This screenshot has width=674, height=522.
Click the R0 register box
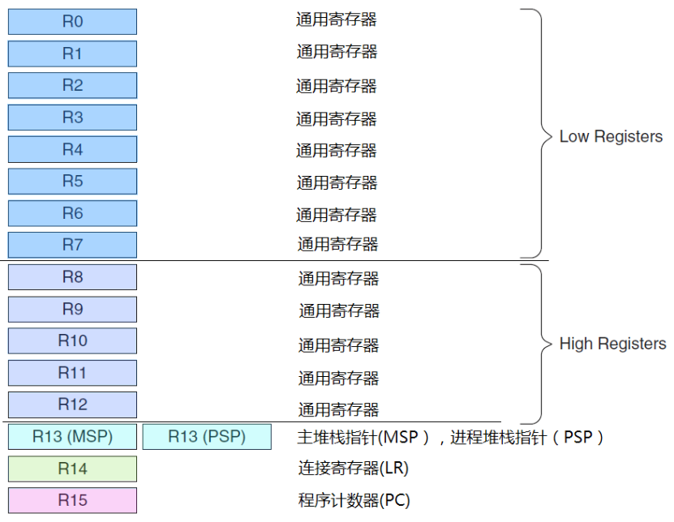click(72, 22)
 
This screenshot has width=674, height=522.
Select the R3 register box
click(72, 118)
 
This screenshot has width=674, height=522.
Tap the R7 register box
click(72, 245)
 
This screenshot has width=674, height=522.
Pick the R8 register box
click(72, 277)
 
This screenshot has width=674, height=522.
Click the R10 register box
click(72, 341)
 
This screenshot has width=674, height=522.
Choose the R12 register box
click(72, 404)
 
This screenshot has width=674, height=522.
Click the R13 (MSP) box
click(72, 437)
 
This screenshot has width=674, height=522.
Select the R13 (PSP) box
click(206, 437)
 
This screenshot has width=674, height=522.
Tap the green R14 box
click(72, 469)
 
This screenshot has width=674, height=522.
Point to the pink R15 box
click(72, 500)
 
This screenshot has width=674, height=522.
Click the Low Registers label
click(611, 136)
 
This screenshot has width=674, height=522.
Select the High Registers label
click(612, 344)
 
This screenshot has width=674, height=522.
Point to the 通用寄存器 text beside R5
click(337, 182)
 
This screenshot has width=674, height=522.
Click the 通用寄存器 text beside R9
click(339, 310)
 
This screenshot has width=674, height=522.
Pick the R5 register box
click(72, 182)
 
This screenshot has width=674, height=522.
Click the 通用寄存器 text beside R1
click(337, 52)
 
